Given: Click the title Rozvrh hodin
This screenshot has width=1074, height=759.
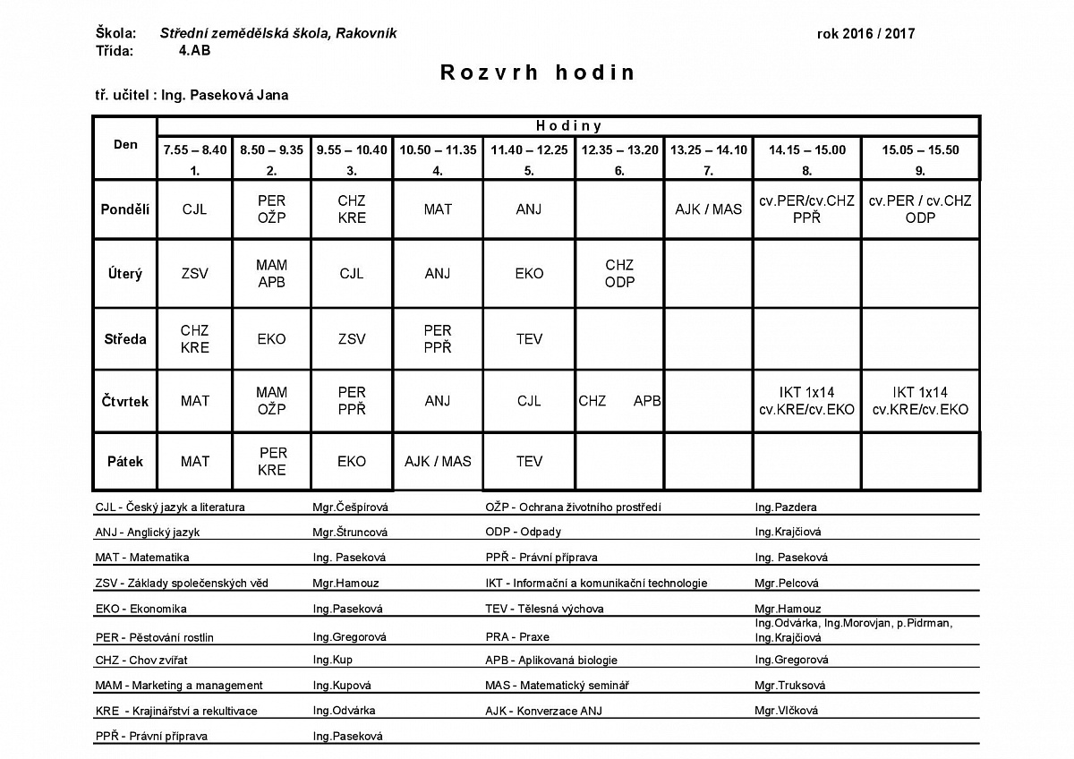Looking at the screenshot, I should click(537, 73).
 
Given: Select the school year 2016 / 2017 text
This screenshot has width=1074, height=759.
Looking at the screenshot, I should click(865, 34).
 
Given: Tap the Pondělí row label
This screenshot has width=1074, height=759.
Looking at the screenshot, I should click(125, 209).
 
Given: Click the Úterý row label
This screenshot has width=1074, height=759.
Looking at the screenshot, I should click(125, 274).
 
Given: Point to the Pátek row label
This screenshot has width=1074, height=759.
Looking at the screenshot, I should click(125, 462).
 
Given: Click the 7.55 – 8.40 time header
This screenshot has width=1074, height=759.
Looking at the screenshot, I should click(195, 150).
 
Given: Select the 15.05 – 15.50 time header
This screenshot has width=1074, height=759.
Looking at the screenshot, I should click(920, 150).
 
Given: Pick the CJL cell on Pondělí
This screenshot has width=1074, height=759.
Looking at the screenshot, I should click(195, 209).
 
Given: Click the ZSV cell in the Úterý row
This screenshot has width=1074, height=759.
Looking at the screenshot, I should click(195, 274).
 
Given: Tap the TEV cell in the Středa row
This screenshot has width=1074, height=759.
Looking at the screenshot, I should click(529, 339).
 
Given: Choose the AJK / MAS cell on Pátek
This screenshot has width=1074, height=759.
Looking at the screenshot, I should click(438, 462).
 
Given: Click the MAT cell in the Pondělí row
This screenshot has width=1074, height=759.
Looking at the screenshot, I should click(438, 209).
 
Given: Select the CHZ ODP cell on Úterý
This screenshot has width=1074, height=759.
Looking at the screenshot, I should click(619, 274).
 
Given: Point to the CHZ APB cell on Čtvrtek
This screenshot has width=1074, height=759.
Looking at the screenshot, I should click(619, 402).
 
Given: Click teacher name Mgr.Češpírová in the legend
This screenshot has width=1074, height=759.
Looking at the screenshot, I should click(345, 507).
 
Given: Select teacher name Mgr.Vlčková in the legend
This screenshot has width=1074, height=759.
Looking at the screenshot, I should click(787, 711).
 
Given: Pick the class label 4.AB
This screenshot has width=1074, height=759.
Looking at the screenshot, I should click(195, 50).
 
